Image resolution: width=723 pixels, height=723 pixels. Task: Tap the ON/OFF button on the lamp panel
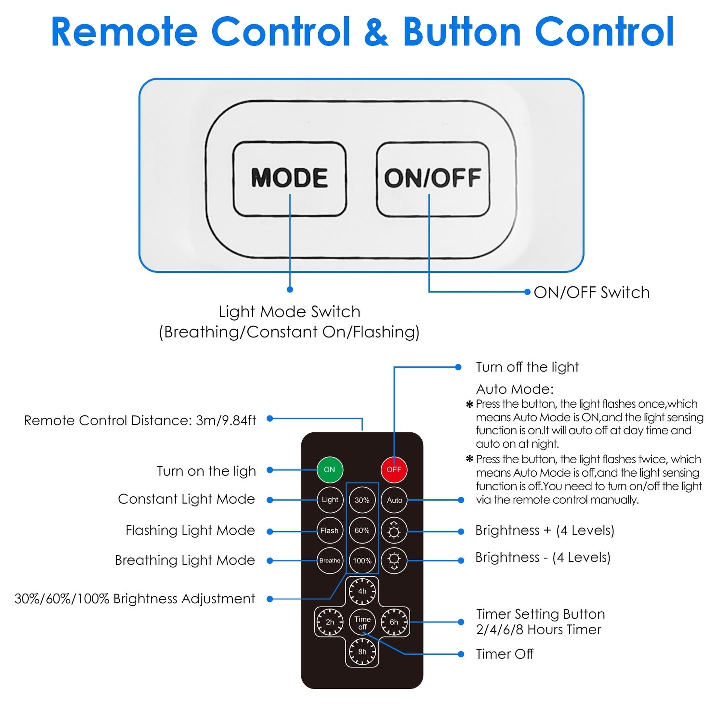(433, 179)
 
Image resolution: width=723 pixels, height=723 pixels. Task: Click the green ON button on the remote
(330, 470)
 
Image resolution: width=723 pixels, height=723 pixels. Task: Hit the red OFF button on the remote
(394, 470)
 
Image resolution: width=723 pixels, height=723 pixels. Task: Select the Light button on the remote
(330, 500)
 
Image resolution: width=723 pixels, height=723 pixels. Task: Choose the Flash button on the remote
(330, 531)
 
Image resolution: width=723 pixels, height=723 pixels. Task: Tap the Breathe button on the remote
(330, 561)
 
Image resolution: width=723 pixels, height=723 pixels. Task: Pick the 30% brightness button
(362, 500)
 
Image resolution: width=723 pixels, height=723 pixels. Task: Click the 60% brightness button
(362, 531)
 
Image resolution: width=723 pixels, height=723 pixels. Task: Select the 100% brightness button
(362, 561)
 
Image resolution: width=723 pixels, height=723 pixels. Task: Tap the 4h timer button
(362, 591)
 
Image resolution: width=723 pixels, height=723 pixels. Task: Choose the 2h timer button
(330, 622)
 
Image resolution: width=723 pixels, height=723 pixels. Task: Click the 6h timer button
(394, 622)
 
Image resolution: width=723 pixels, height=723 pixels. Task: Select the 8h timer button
(362, 652)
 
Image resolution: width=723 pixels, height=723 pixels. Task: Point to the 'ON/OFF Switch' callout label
(592, 293)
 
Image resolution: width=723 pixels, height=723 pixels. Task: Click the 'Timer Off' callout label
(505, 654)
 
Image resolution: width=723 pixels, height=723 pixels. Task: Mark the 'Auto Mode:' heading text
(515, 389)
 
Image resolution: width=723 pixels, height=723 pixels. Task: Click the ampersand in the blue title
(376, 32)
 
